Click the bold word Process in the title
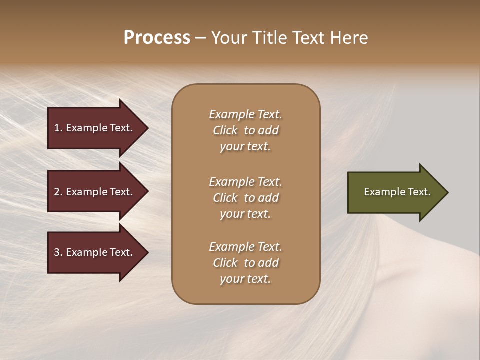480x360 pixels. tap(157, 38)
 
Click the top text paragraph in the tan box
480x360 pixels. tap(245, 130)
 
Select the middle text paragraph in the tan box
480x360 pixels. tap(245, 198)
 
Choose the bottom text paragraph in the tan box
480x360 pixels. tap(245, 263)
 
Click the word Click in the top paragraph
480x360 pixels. tap(225, 130)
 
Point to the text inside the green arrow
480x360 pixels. tap(397, 192)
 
